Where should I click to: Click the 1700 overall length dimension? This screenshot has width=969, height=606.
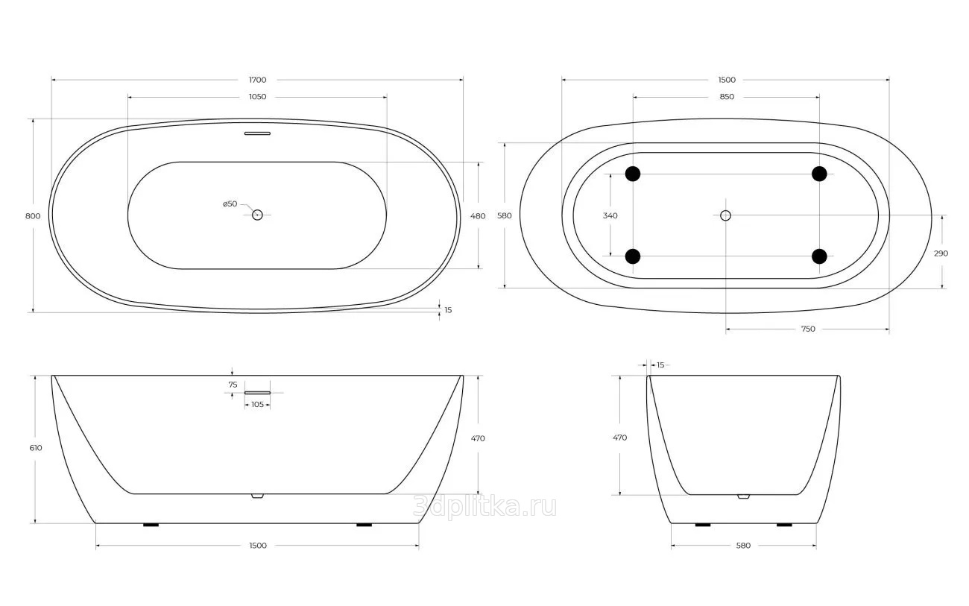point(257,80)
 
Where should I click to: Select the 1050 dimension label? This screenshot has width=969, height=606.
point(257,96)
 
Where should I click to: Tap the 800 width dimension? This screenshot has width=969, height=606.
point(33,216)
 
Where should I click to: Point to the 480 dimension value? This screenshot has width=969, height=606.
point(478,216)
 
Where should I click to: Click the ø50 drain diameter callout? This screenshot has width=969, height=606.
point(230,203)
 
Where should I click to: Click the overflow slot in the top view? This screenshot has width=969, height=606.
point(257,133)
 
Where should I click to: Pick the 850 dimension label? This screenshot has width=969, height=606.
point(727,96)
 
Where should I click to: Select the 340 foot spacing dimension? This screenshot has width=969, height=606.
point(610,215)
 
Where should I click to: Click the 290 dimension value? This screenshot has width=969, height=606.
point(941,253)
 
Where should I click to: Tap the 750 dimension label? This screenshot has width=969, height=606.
point(808,329)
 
